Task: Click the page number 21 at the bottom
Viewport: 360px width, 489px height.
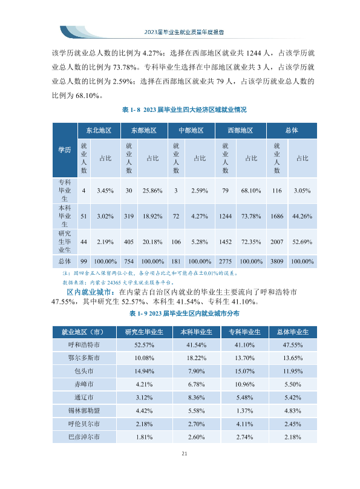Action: [x=184, y=453]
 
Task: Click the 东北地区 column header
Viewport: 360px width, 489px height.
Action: [x=99, y=130]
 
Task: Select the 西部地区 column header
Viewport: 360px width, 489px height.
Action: [x=240, y=130]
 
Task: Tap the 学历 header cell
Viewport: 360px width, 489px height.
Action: [x=65, y=149]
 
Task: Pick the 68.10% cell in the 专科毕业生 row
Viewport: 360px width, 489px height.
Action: [x=251, y=191]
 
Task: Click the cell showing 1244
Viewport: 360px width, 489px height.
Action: [x=225, y=216]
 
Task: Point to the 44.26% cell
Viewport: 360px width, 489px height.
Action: [x=302, y=216]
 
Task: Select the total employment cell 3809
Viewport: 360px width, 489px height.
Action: [x=277, y=261]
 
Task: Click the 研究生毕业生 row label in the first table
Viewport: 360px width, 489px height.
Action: [x=65, y=241]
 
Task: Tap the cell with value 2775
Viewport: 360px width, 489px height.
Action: [x=225, y=261]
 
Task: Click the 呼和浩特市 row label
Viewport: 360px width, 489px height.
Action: [x=84, y=345]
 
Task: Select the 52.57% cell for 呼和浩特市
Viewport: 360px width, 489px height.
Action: [x=145, y=345]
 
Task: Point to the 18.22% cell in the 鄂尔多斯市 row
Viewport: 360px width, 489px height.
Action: [x=197, y=358]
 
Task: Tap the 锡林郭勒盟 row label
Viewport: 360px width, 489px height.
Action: [x=84, y=411]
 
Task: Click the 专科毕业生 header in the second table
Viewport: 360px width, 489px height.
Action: [x=244, y=332]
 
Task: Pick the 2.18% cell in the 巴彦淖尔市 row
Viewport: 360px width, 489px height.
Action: [x=293, y=437]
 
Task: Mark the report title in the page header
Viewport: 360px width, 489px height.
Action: [x=184, y=32]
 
